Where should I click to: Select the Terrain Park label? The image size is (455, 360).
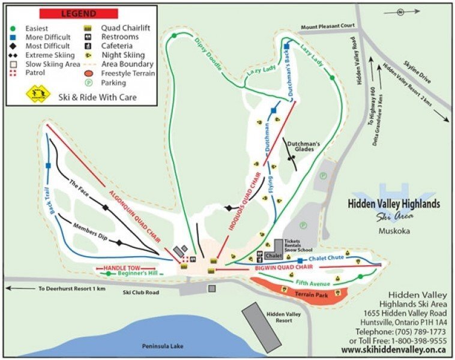pyautogui.click(x=310, y=295)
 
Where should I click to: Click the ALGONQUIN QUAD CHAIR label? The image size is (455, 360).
pyautogui.click(x=134, y=215)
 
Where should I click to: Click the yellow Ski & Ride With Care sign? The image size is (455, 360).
pyautogui.click(x=37, y=94)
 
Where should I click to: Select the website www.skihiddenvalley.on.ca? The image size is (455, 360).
pyautogui.click(x=393, y=349)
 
